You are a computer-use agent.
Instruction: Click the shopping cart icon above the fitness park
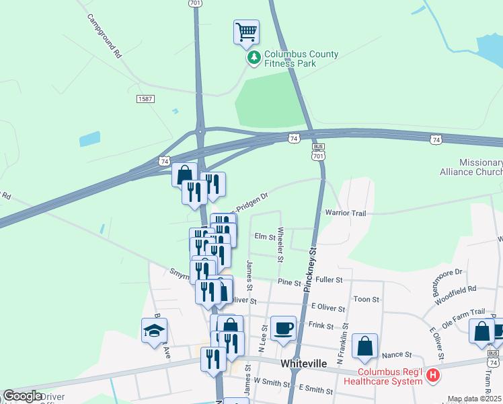coord(246,32)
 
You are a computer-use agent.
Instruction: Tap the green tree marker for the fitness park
coord(254,59)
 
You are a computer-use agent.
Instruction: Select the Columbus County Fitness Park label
coord(300,59)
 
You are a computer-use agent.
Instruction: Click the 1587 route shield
coord(145,99)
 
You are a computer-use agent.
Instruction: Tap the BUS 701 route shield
coord(319,151)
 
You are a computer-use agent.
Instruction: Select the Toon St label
coord(366,299)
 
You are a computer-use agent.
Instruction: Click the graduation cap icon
coord(154,331)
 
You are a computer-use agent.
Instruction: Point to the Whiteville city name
coord(303,364)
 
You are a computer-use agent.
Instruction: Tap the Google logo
coord(23,396)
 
